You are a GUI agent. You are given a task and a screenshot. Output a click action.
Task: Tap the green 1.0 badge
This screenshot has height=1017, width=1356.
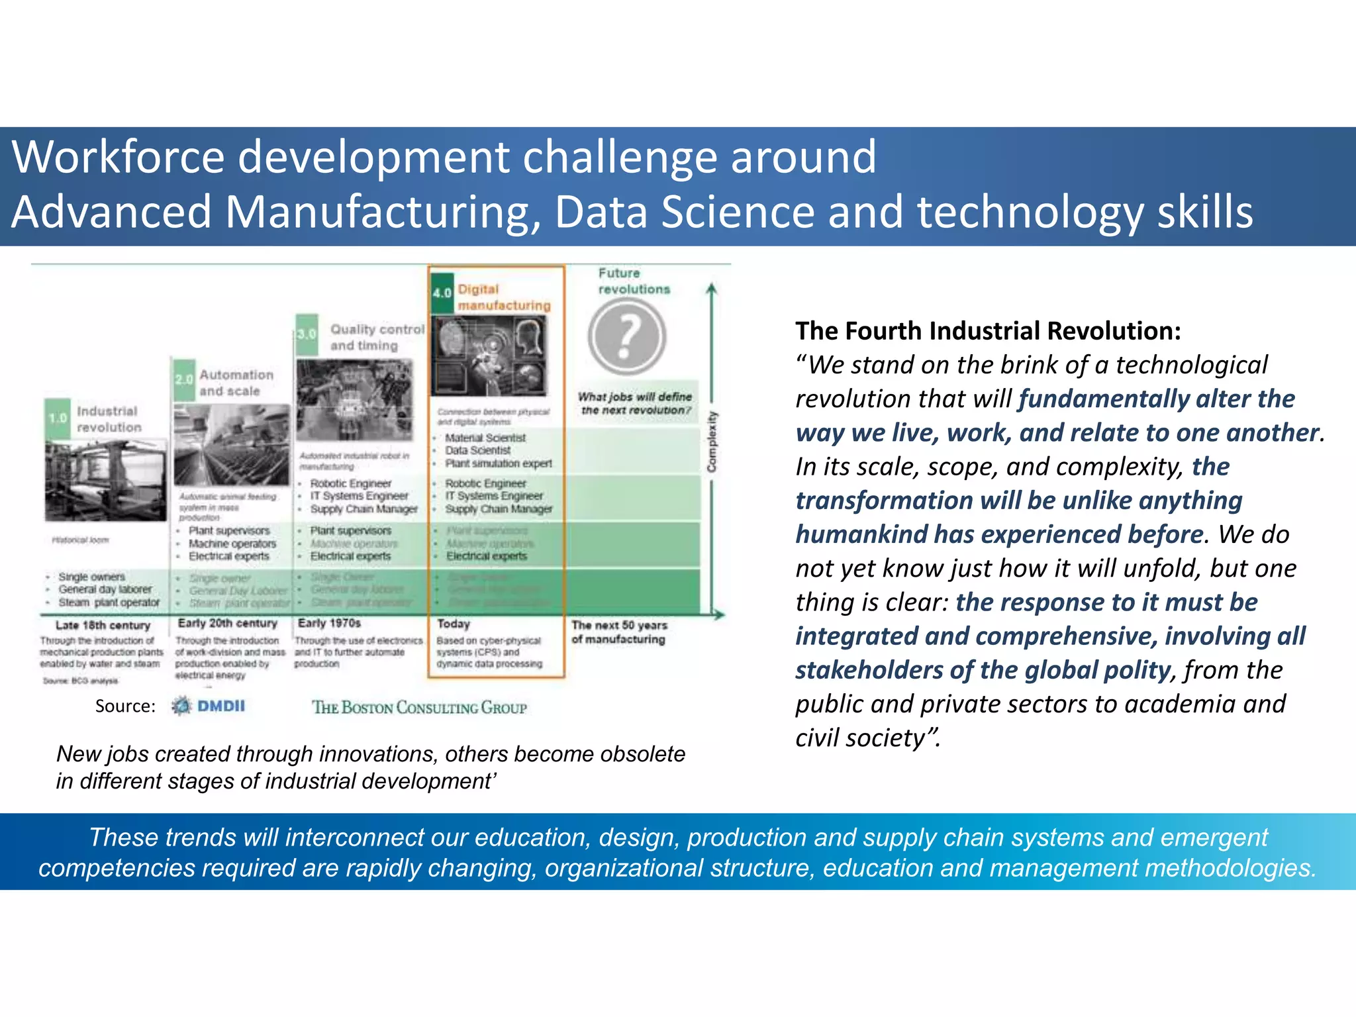pos(58,418)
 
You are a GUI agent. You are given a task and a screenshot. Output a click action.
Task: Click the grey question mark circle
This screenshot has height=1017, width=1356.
pos(626,336)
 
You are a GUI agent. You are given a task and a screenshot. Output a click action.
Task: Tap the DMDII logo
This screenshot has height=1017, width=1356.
pos(209,706)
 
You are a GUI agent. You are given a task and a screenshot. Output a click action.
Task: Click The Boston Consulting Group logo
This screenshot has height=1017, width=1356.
pos(419,708)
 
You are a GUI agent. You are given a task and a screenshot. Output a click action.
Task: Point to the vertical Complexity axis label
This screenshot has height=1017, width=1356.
pos(712,442)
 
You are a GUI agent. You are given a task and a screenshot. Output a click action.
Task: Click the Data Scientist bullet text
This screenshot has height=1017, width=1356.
pos(477,450)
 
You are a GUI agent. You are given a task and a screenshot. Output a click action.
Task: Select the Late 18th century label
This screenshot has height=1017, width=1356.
pos(103,625)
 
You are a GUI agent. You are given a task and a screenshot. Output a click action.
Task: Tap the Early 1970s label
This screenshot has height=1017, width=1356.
pos(329,623)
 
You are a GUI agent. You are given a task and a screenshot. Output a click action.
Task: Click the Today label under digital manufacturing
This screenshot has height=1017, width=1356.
pos(454,624)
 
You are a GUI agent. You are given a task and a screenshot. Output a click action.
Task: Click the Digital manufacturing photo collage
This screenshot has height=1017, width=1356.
pos(489,356)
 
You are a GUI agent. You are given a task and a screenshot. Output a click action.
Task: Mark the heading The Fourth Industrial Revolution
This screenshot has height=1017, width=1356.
pos(988,330)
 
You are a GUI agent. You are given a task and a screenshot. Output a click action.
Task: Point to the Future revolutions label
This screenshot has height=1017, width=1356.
pos(634,281)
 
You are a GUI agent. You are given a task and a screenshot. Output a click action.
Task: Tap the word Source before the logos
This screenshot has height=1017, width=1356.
pos(124,706)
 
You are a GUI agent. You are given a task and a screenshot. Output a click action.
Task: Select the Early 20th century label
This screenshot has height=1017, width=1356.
pos(227,623)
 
